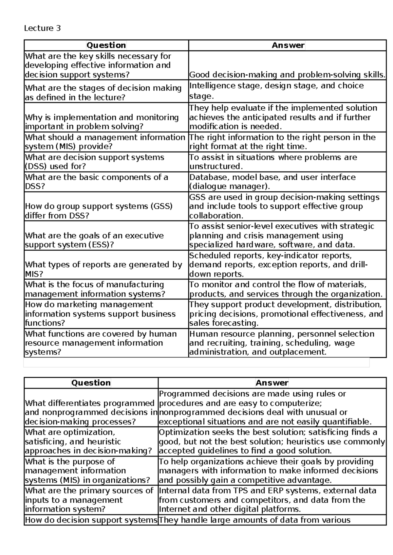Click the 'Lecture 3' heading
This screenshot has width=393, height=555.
[x=42, y=28]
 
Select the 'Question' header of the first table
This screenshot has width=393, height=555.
[x=106, y=45]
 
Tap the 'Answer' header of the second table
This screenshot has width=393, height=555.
[x=272, y=383]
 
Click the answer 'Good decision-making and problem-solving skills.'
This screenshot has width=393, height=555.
[x=287, y=75]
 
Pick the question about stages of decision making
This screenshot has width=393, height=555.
[x=103, y=92]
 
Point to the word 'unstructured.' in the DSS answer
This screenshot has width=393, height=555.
[x=216, y=166]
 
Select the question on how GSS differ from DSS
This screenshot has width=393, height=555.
[x=99, y=211]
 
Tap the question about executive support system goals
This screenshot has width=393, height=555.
[x=94, y=240]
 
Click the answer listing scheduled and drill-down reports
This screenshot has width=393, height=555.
[x=278, y=264]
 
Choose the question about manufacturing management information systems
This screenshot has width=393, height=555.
[x=95, y=289]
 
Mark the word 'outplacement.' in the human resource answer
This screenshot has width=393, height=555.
[x=298, y=352]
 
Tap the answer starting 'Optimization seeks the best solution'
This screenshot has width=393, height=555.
[x=272, y=441]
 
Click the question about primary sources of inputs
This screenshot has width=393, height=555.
[x=89, y=500]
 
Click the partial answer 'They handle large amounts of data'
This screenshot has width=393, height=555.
[x=254, y=520]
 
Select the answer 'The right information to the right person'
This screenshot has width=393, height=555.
[x=282, y=142]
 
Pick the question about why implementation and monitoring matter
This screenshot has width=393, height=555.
[x=102, y=122]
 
